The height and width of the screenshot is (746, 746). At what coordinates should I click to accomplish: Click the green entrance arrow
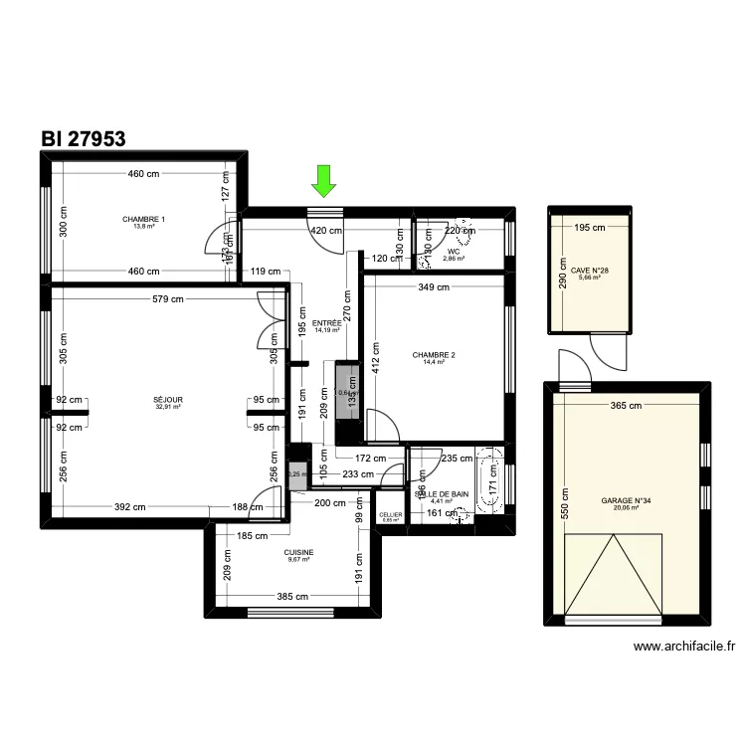coord(322,180)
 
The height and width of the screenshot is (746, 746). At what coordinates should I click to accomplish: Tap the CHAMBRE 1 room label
coord(144,219)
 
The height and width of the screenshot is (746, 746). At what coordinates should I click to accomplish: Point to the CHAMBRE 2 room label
coord(433,355)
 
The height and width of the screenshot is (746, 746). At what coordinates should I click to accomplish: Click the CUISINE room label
coord(298,552)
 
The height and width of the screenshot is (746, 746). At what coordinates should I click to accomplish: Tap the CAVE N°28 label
coord(590,270)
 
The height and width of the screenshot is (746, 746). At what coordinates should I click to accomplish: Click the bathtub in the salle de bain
coord(490,480)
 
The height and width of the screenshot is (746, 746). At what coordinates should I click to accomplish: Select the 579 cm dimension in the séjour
coord(169,297)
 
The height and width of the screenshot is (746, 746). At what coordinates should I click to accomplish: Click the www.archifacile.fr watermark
coord(684,647)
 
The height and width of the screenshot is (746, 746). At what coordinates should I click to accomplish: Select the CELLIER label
coord(390,514)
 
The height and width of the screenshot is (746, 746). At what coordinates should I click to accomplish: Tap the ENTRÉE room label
coord(326,323)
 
